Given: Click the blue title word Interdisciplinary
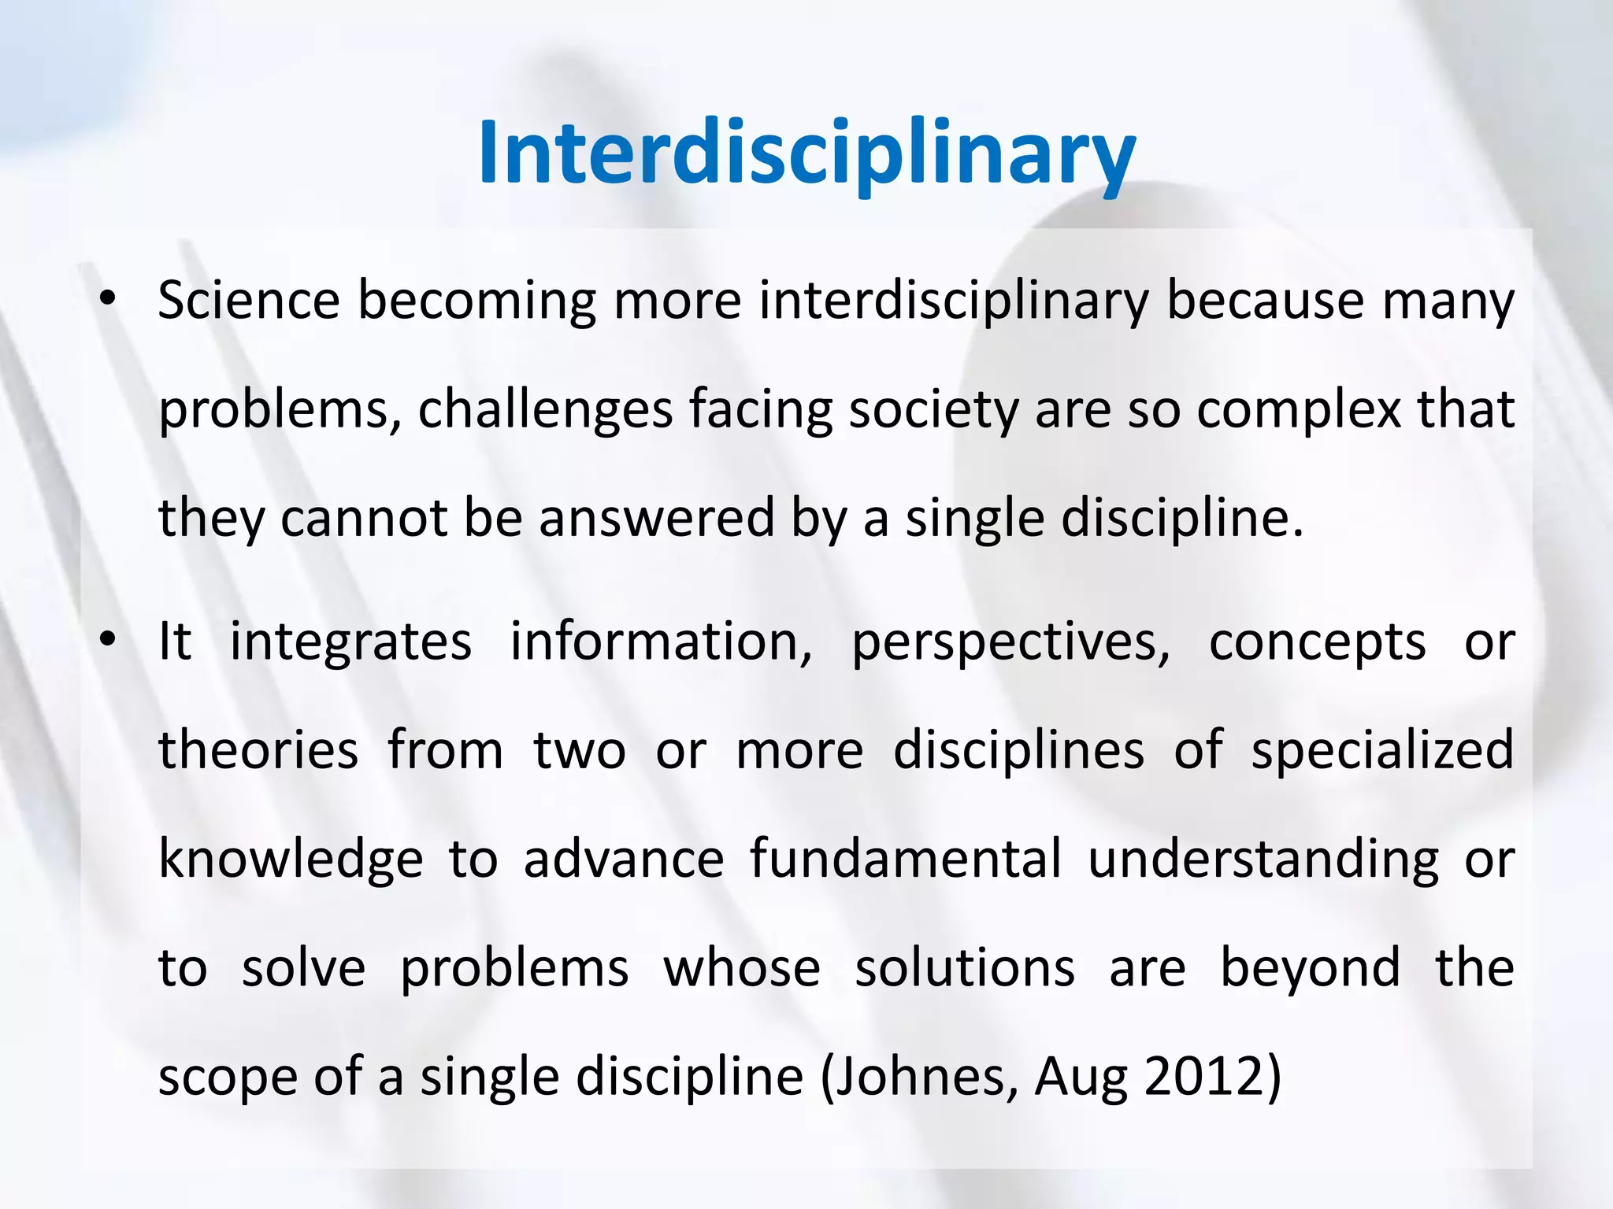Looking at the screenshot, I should tap(806, 153).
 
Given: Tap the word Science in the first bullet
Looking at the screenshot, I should tap(249, 301).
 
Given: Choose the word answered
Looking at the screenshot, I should tap(646, 519).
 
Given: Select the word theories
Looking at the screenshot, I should tap(258, 750).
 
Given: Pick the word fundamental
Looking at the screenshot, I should tap(906, 858).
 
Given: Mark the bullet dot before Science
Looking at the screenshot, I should tap(108, 299).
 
